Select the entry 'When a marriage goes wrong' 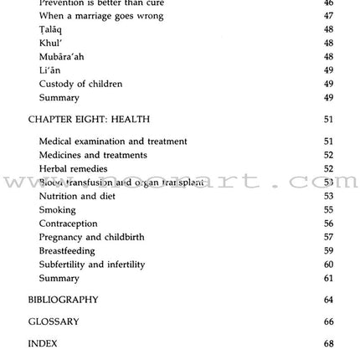point(100,16)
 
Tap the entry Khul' point(50,44)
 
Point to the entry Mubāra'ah point(61,57)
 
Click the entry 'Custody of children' point(80,84)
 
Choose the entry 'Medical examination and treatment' point(113,142)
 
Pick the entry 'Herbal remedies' point(73,169)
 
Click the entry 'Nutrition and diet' point(79,196)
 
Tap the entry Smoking point(57,210)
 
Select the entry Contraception point(68,224)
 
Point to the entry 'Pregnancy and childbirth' point(91,237)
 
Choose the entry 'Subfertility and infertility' point(91,265)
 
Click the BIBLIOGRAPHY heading point(63,300)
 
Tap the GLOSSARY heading point(54,321)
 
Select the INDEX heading point(43,343)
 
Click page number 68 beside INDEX point(328,343)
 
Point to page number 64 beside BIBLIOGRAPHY point(328,300)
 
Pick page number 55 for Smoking point(328,210)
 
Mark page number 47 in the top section point(328,16)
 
